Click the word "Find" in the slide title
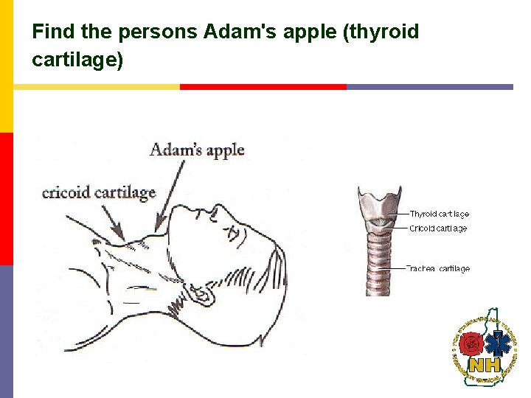(x=51, y=32)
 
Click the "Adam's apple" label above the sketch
(x=197, y=150)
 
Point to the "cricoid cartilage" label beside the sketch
(x=99, y=192)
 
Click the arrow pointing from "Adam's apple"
(x=170, y=193)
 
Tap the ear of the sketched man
(x=201, y=294)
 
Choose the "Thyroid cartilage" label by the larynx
(x=440, y=214)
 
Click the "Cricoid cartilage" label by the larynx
(x=438, y=228)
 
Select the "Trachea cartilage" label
(x=440, y=269)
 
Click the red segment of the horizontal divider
(x=263, y=86)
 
